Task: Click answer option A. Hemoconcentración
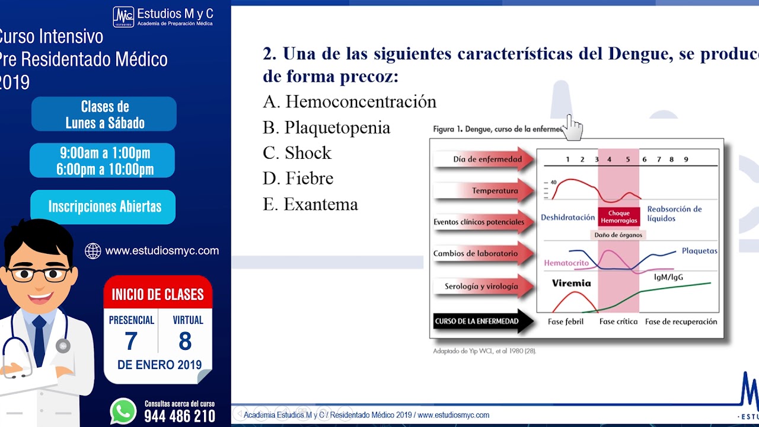(x=349, y=102)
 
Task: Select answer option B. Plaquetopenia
(x=326, y=128)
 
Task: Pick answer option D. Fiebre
(x=298, y=179)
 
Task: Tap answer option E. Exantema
(x=310, y=205)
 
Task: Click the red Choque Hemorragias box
(x=618, y=217)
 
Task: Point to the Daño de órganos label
(x=618, y=235)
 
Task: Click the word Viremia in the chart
(x=571, y=283)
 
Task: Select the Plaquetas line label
(x=699, y=251)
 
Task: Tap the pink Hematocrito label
(x=566, y=263)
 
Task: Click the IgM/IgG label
(x=669, y=277)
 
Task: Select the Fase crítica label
(x=618, y=321)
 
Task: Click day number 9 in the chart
(x=686, y=160)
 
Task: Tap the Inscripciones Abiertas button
(x=104, y=207)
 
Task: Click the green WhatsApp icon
(x=123, y=411)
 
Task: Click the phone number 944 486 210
(x=180, y=416)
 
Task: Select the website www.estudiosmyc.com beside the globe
(x=162, y=251)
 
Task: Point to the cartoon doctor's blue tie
(x=40, y=339)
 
